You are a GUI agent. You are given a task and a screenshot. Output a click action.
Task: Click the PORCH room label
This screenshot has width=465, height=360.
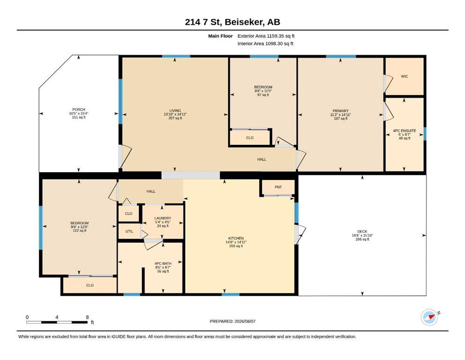[x=79, y=110]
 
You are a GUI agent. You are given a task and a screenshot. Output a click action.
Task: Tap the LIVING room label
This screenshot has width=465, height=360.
[x=175, y=111]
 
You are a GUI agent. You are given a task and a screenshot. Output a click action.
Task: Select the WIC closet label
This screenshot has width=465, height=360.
[x=405, y=76]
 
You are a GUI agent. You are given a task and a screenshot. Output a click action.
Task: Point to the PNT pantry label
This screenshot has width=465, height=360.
[x=278, y=187]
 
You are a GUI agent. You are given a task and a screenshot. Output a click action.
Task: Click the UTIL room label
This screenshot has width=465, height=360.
[x=129, y=231]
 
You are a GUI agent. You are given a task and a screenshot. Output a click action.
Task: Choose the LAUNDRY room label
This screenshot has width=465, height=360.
[x=163, y=218]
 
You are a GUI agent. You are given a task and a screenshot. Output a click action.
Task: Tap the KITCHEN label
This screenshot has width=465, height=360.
[x=236, y=238]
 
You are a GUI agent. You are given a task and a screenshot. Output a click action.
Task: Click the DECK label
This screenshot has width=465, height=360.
[x=362, y=232]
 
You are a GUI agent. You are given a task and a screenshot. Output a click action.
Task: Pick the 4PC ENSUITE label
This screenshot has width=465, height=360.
[x=405, y=131]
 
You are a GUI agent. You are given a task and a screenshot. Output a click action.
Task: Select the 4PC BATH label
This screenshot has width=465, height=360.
[x=163, y=263]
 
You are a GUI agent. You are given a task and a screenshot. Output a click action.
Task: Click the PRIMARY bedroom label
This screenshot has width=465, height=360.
[x=340, y=111]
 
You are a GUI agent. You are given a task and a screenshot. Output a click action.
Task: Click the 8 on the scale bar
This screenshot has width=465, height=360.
[x=87, y=317]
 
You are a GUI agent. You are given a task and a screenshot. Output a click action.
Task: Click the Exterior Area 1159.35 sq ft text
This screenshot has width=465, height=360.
[x=266, y=36]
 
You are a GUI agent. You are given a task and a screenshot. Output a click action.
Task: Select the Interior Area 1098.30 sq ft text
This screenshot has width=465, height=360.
[x=266, y=44]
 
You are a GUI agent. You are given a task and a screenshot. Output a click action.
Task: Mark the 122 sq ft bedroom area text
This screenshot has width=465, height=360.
[x=80, y=231]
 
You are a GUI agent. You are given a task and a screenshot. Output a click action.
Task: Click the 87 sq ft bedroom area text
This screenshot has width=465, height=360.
[x=263, y=95]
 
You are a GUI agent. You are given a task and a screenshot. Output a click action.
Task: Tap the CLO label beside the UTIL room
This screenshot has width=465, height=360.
[x=129, y=213]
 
